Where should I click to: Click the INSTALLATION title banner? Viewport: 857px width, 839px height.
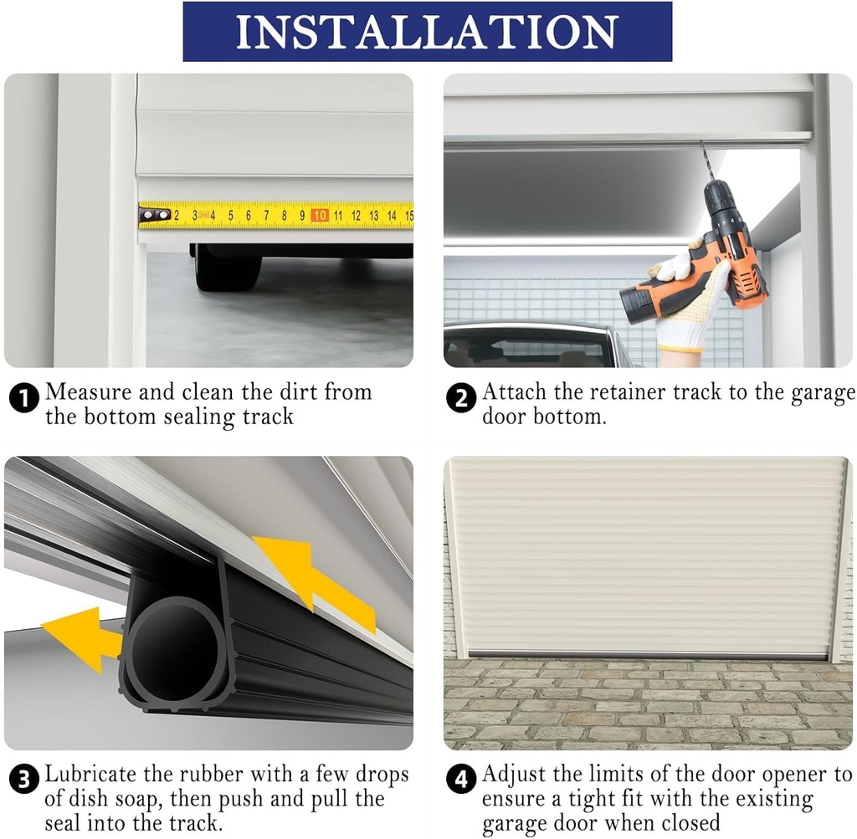coord(427,31)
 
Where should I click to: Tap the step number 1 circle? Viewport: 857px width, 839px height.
coord(24,399)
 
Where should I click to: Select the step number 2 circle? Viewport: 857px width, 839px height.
coord(461,399)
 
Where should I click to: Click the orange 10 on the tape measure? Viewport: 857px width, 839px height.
coord(319,215)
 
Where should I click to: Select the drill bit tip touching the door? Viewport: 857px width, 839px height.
coord(704,148)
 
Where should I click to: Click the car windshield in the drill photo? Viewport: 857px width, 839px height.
coord(527,347)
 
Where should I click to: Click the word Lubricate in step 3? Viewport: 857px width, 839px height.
coord(93,775)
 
